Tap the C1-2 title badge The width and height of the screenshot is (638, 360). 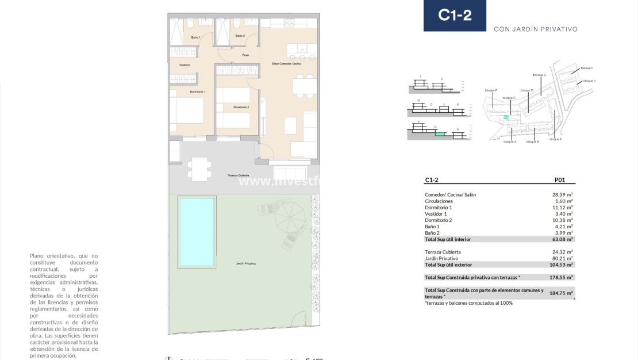tap(455, 16)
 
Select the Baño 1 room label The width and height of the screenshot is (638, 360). tap(195, 37)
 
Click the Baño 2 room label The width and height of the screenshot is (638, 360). tap(240, 36)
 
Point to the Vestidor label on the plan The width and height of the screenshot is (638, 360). tap(185, 65)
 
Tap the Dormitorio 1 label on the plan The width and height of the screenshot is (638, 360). tap(198, 92)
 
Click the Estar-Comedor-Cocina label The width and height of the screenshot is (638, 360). tap(286, 64)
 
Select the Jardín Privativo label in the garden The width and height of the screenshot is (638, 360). tap(245, 263)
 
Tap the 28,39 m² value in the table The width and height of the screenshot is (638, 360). tap(562, 195)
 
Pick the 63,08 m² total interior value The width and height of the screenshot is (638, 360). tap(562, 239)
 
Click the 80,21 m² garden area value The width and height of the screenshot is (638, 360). tap(562, 258)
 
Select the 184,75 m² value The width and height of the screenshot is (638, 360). tap(562, 293)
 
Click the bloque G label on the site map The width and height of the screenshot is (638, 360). tap(539, 75)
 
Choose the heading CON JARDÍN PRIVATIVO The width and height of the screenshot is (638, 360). tap(535, 29)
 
